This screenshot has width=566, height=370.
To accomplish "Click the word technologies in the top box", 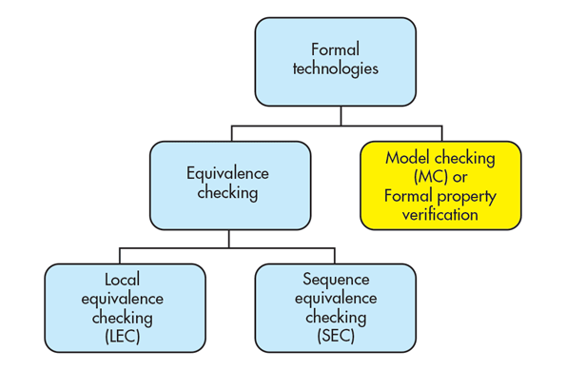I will pyautogui.click(x=335, y=68).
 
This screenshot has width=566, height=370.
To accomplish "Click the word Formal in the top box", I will pyautogui.click(x=334, y=49).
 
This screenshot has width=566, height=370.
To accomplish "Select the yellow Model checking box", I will pyautogui.click(x=439, y=185).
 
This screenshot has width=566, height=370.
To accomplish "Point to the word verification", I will pyautogui.click(x=440, y=215).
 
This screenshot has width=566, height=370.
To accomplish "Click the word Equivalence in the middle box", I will pyautogui.click(x=229, y=174).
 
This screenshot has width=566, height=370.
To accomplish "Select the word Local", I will pyautogui.click(x=124, y=280).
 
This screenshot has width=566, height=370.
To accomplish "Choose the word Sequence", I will pyautogui.click(x=335, y=280).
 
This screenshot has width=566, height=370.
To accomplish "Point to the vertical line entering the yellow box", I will pyautogui.click(x=440, y=132).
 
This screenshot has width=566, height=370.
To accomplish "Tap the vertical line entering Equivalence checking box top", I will pyautogui.click(x=229, y=132).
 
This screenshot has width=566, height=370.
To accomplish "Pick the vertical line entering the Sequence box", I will pyautogui.click(x=335, y=255).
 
